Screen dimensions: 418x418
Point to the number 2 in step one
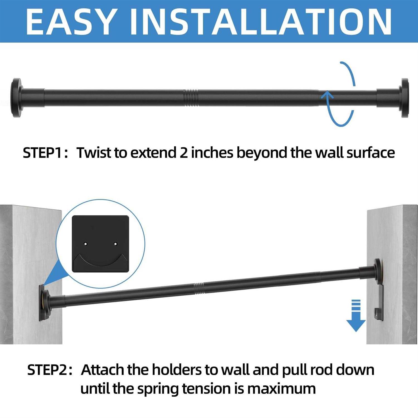(183, 153)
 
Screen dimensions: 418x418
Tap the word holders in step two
(177, 370)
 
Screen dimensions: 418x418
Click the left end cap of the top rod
(16, 98)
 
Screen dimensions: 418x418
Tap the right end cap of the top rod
(404, 98)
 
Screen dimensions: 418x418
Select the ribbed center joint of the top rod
(191, 98)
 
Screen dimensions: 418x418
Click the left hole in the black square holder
(86, 244)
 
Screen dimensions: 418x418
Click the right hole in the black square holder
(115, 244)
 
